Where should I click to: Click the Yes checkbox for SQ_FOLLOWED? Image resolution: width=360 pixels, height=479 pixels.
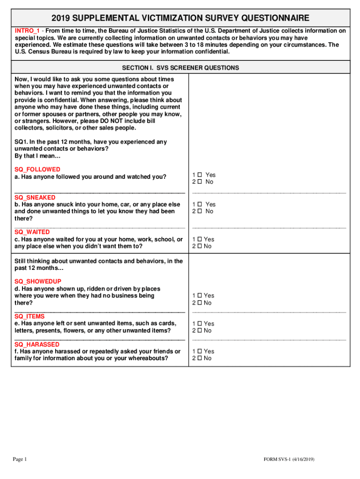[199, 175]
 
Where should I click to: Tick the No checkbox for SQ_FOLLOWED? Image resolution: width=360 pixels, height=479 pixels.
[199, 182]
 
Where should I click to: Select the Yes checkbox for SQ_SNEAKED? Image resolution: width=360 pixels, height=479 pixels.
[199, 204]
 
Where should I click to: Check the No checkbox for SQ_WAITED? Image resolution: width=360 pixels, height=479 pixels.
[199, 246]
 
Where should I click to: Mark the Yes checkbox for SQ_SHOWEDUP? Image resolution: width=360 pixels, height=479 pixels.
[199, 296]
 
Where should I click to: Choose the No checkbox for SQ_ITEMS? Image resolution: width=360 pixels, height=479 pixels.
[199, 331]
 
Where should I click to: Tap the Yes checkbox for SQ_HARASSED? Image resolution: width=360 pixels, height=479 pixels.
[199, 351]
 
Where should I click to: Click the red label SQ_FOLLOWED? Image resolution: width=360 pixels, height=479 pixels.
[37, 169]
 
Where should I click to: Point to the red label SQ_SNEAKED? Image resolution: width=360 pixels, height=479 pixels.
[35, 197]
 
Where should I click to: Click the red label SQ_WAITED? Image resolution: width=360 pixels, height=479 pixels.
[32, 232]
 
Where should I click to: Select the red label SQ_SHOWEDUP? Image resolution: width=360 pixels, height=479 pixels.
[38, 282]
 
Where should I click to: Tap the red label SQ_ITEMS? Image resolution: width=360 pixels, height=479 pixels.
[30, 317]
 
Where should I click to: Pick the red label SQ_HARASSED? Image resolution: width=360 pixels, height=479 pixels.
[37, 345]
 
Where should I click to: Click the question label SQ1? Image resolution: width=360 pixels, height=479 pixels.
[21, 142]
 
